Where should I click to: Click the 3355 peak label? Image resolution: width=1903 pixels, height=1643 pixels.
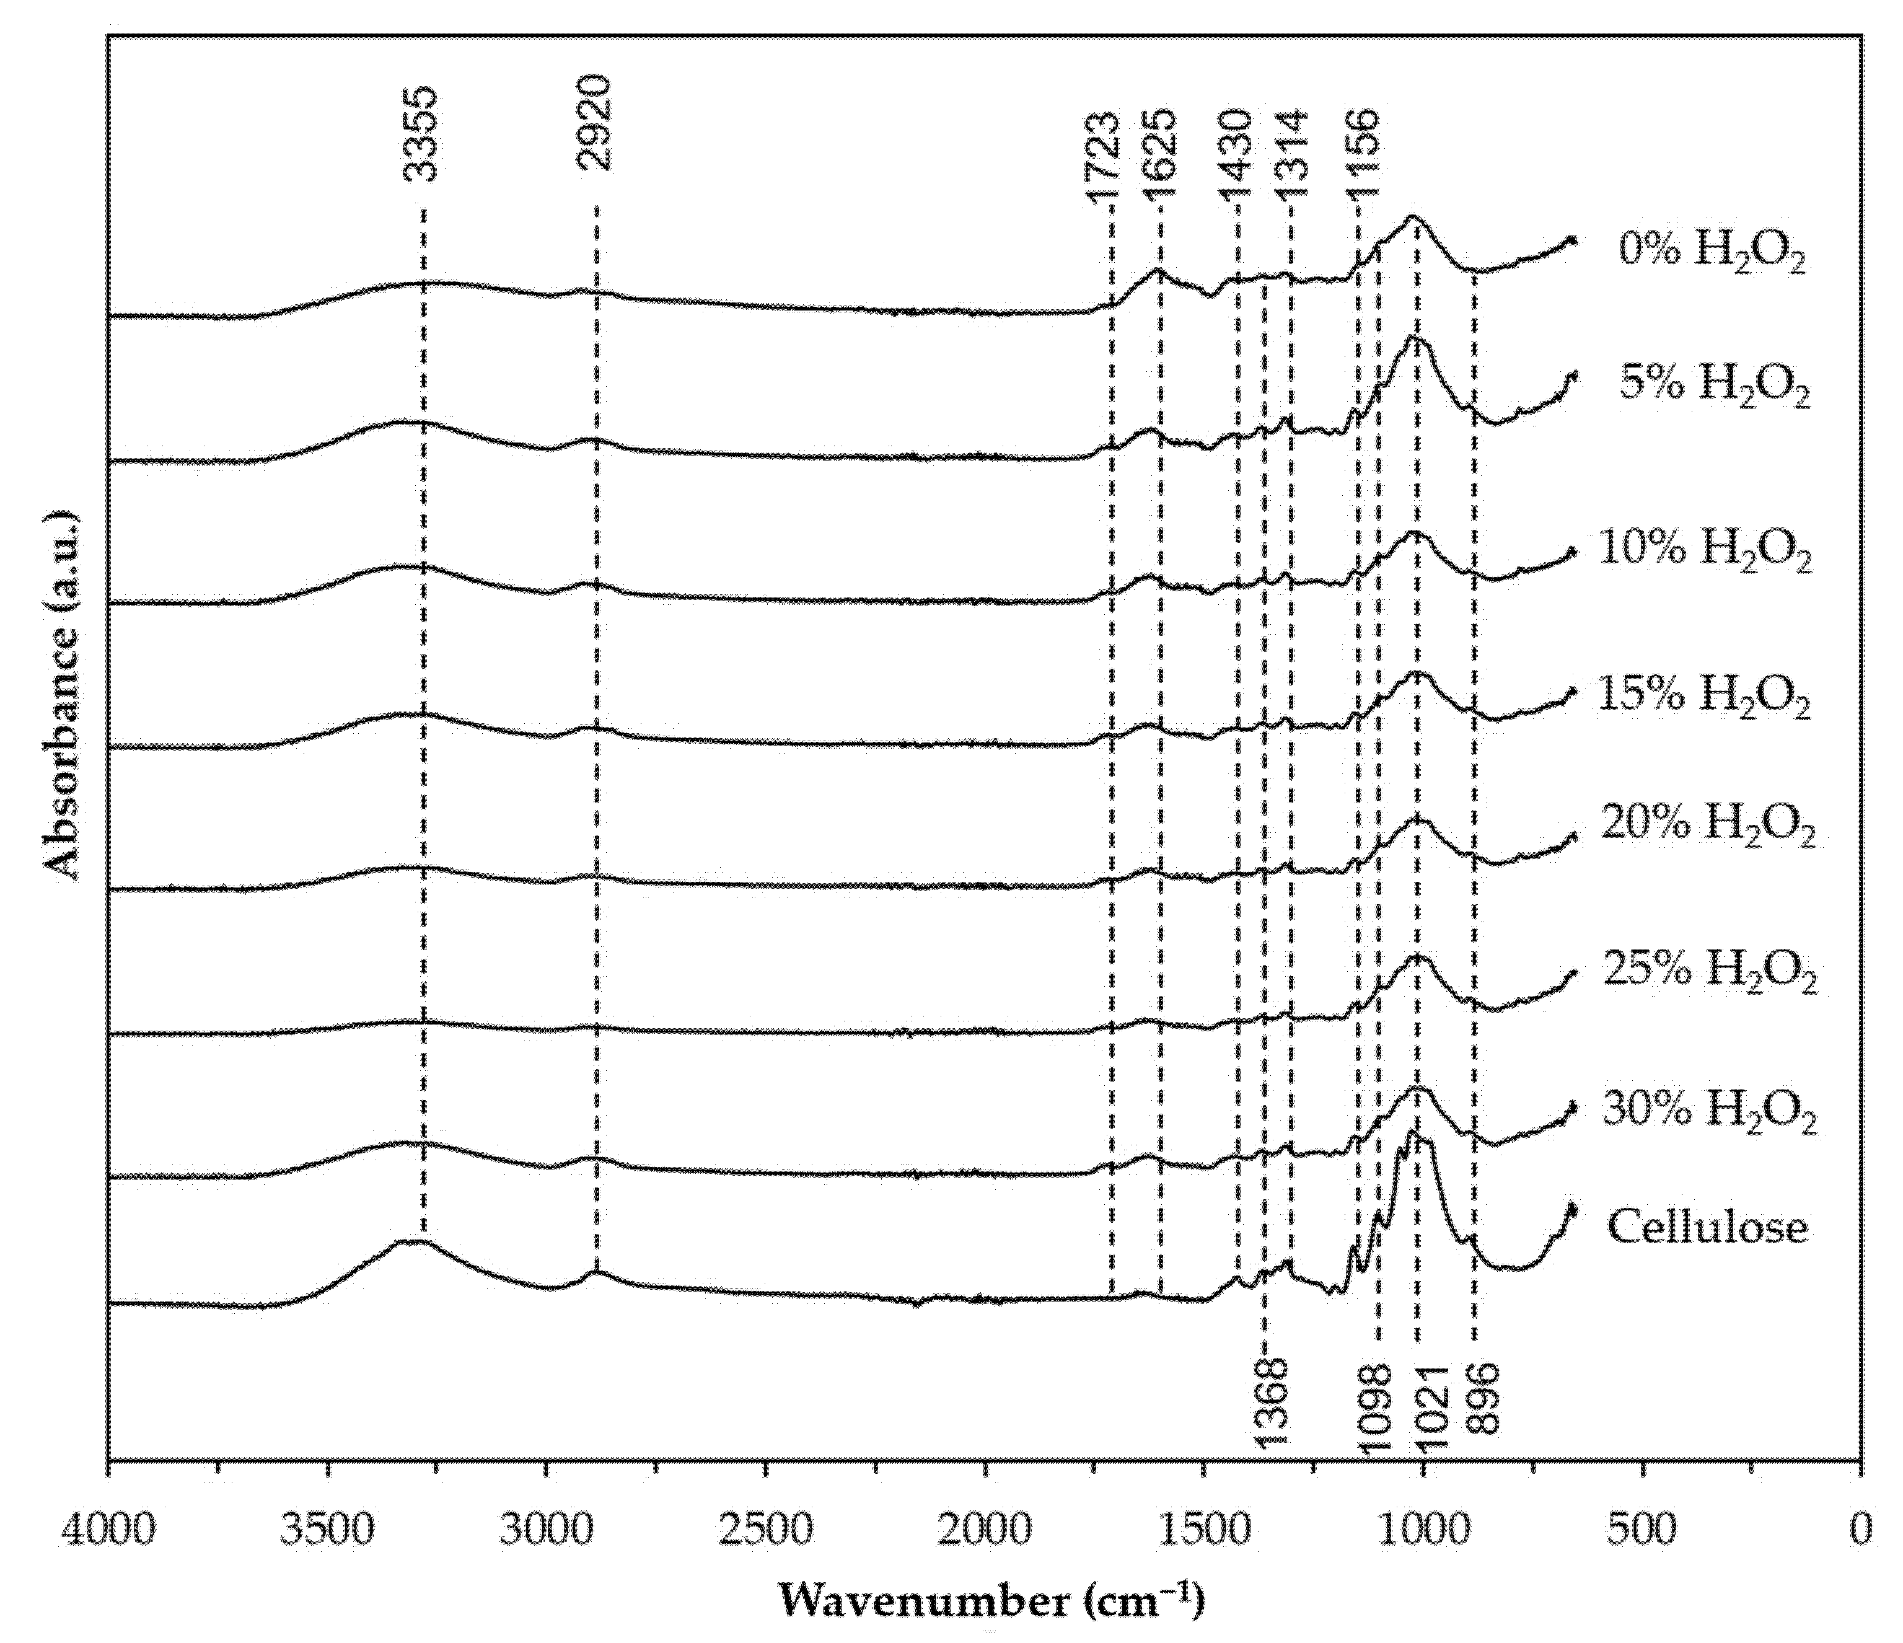423,135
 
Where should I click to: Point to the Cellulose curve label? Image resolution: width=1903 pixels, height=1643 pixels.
1707,1227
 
